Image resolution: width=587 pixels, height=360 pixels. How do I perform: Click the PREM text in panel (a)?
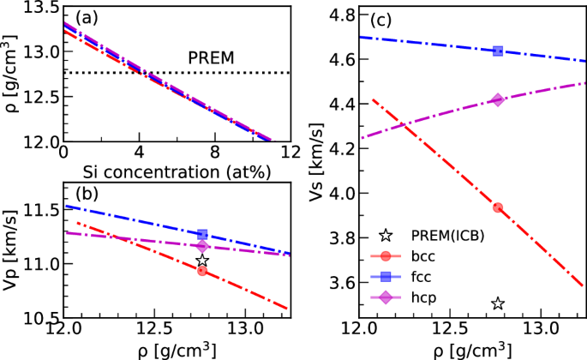tap(212, 58)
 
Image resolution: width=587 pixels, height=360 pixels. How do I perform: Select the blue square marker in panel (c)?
tap(498, 51)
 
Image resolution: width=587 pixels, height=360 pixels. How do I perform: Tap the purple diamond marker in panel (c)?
tap(498, 99)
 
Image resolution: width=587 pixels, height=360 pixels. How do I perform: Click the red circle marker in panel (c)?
tap(498, 207)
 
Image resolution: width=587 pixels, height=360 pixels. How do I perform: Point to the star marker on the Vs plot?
tap(498, 303)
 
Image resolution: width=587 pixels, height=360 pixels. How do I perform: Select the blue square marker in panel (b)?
tap(202, 234)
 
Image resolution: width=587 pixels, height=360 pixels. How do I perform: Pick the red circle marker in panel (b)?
tap(202, 271)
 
